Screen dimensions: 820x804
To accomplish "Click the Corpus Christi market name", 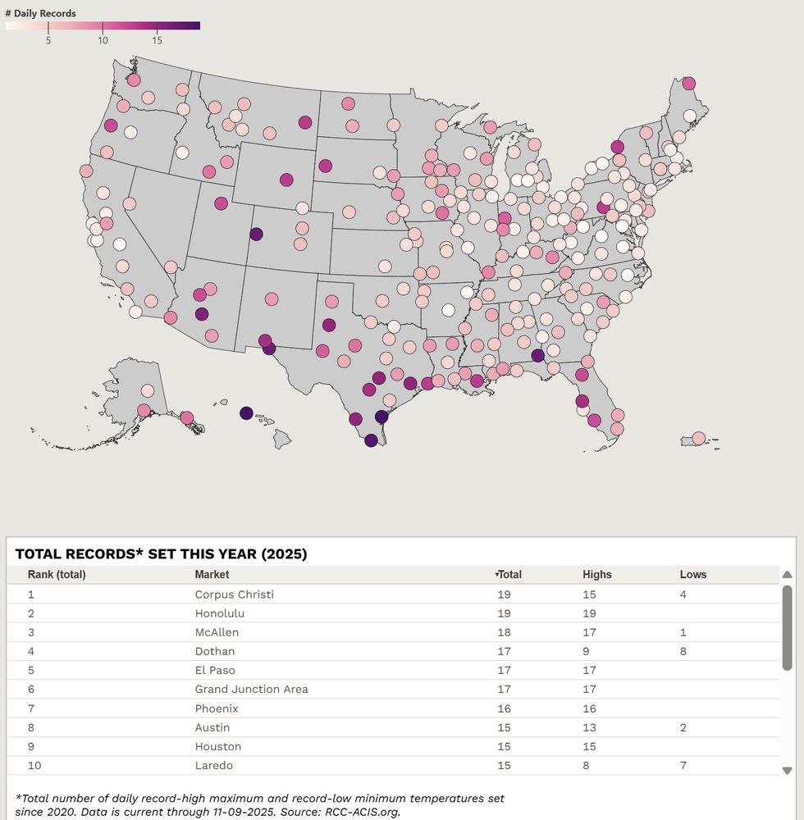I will point(234,594).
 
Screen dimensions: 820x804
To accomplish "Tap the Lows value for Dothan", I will point(683,651).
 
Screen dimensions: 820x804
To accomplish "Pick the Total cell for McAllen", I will point(504,632).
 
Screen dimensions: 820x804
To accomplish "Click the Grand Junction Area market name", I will point(251,689).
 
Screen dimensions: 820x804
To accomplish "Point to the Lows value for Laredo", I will point(683,765).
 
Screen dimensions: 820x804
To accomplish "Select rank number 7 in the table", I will point(31,708).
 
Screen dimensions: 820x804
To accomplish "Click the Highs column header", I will point(596,575).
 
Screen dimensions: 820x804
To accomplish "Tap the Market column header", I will point(212,575).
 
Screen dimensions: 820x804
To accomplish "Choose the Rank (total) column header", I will point(57,575).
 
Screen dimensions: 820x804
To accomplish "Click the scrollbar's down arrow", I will point(787,770).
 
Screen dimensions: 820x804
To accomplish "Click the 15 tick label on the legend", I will point(157,39).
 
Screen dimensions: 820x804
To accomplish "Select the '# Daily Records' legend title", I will point(40,14).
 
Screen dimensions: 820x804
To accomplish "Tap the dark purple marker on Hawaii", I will point(246,414).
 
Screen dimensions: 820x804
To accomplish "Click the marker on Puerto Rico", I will point(698,438).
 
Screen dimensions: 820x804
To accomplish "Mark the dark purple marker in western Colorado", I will point(256,234).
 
